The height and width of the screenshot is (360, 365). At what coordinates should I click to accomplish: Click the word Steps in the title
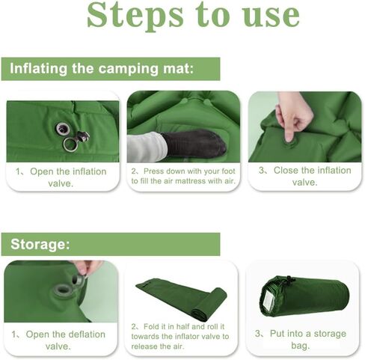pos(135,16)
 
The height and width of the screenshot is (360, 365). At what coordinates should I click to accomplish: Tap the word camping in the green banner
pos(128,69)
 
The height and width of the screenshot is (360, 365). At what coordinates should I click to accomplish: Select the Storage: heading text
pos(40,244)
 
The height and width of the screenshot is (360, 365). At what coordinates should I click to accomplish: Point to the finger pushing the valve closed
pos(289,132)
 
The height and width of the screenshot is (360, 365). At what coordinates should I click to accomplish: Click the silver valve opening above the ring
pos(62,129)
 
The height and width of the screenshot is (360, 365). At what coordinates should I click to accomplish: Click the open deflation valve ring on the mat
pos(62,290)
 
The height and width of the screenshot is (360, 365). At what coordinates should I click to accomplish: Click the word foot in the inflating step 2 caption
pos(228,171)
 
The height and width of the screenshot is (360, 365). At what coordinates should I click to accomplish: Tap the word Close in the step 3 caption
pos(286,171)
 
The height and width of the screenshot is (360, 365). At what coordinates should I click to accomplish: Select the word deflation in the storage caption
pos(87,335)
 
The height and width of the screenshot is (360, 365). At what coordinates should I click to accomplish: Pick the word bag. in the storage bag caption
pos(301,346)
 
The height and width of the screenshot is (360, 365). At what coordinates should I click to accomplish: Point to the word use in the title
pos(271,16)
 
